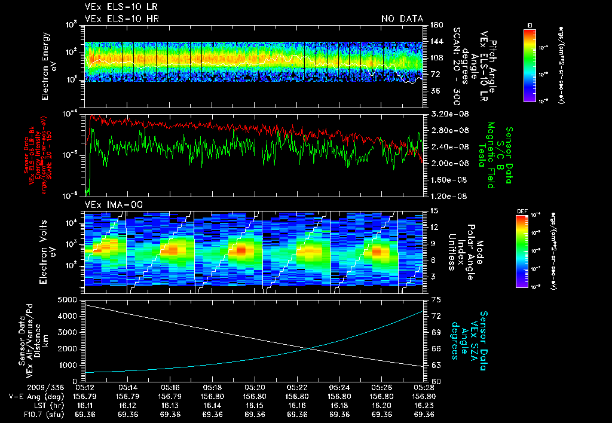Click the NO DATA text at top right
click(402, 19)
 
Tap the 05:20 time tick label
click(255, 387)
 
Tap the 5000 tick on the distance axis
click(70, 299)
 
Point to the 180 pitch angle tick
click(435, 25)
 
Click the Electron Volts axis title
click(43, 251)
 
